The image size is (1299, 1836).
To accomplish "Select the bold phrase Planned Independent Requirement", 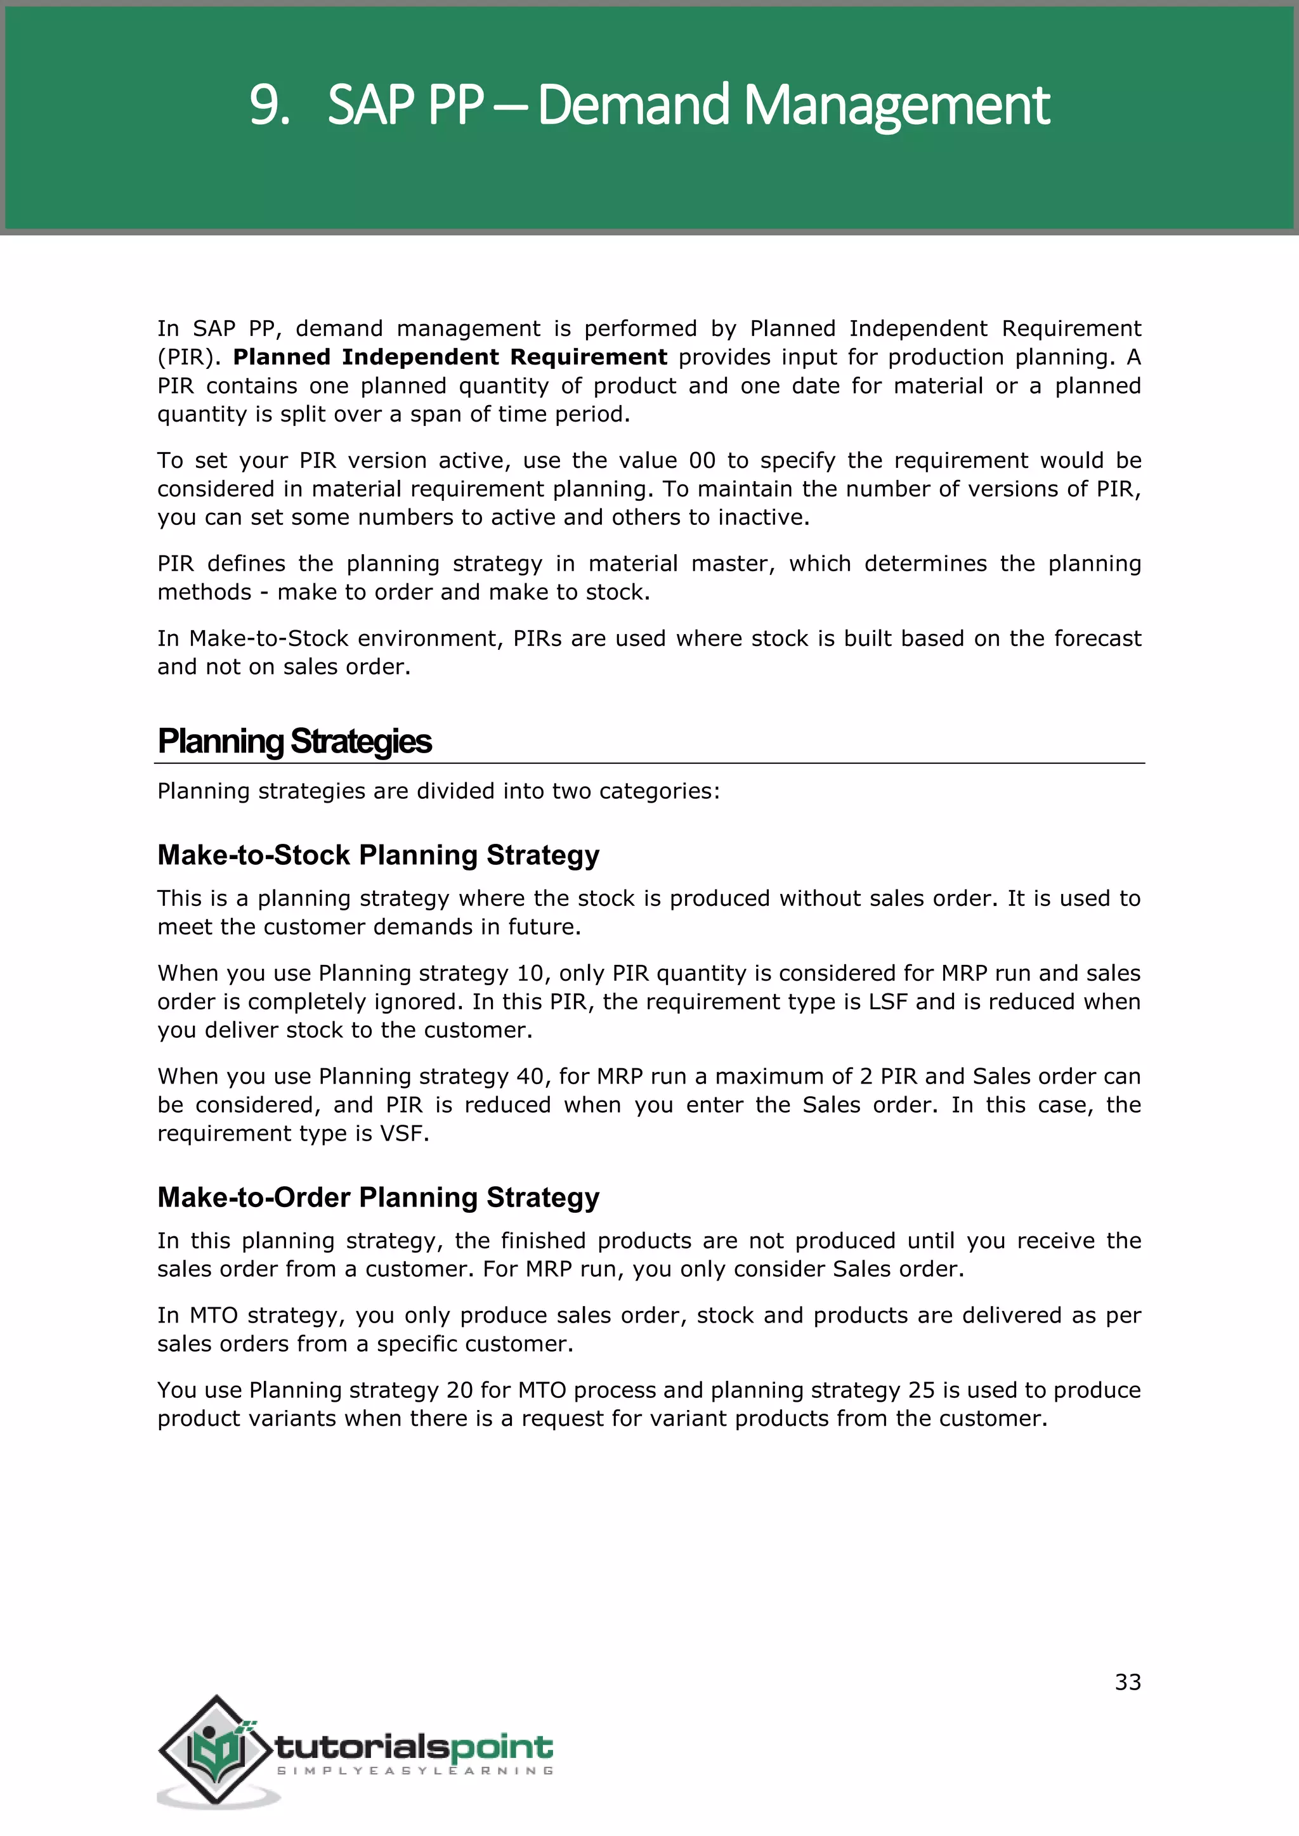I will click(x=450, y=357).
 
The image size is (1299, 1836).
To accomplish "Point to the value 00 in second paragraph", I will click(x=702, y=461).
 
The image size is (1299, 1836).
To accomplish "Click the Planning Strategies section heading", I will click(x=294, y=741).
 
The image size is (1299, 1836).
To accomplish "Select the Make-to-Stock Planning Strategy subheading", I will click(x=377, y=855).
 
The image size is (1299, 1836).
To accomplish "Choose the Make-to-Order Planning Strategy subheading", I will click(x=377, y=1197).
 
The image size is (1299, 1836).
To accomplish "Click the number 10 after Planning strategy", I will click(x=530, y=973).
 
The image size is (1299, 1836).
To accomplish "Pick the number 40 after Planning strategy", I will click(x=530, y=1076).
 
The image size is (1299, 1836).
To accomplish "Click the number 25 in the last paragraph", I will click(x=922, y=1390).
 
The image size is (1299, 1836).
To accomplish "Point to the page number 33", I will click(x=1127, y=1683).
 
